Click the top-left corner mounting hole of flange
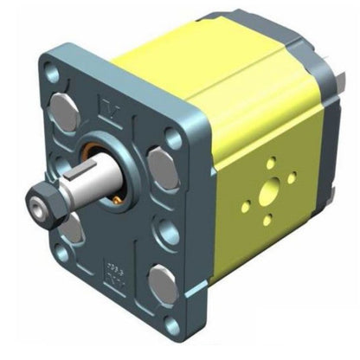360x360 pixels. click(51, 76)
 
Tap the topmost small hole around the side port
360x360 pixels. click(271, 161)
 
